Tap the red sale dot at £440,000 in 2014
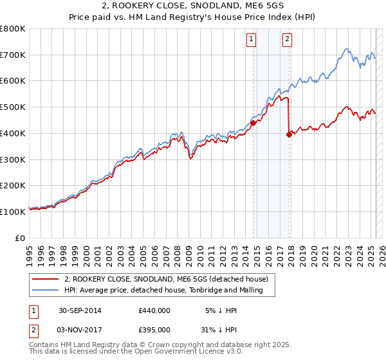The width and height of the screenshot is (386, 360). [253, 122]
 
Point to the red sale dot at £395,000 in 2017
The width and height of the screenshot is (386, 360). [289, 134]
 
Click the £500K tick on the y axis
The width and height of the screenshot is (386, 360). [14, 107]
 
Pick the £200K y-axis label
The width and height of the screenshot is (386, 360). [14, 185]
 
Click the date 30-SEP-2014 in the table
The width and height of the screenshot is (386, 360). [80, 310]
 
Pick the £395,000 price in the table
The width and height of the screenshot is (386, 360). [154, 330]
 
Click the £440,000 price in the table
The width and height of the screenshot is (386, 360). [154, 310]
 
